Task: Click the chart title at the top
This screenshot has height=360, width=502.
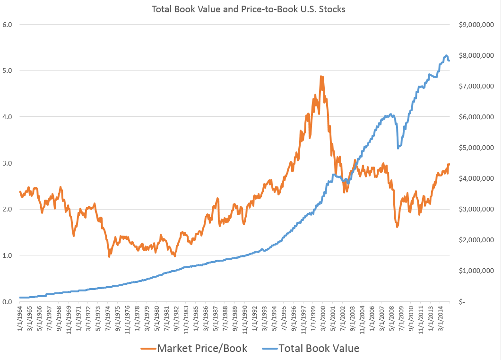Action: point(248,9)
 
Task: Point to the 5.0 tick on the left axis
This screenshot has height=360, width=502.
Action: point(8,70)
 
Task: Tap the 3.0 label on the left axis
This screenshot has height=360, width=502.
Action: point(8,163)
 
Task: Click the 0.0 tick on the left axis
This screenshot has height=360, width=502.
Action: point(8,302)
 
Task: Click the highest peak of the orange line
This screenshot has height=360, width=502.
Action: point(321,76)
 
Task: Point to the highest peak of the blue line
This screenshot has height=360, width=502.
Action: point(446,55)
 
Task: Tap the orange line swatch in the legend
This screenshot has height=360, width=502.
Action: point(147,349)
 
